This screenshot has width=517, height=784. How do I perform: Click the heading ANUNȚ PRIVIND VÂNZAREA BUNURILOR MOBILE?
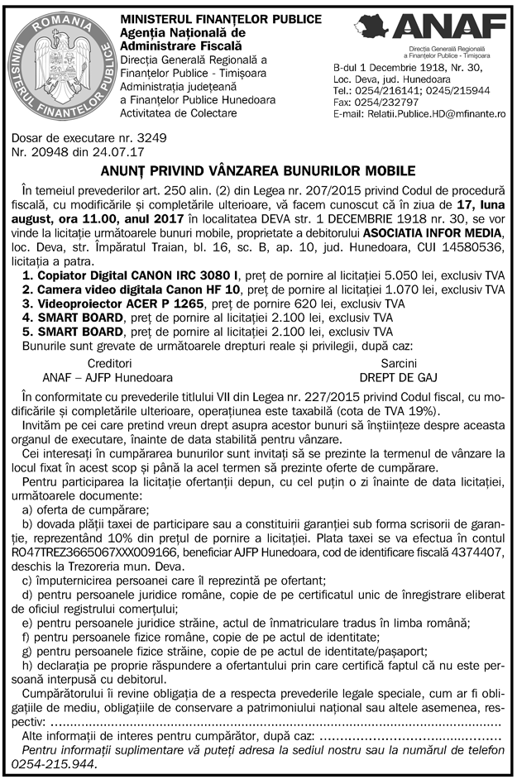click(x=258, y=171)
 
